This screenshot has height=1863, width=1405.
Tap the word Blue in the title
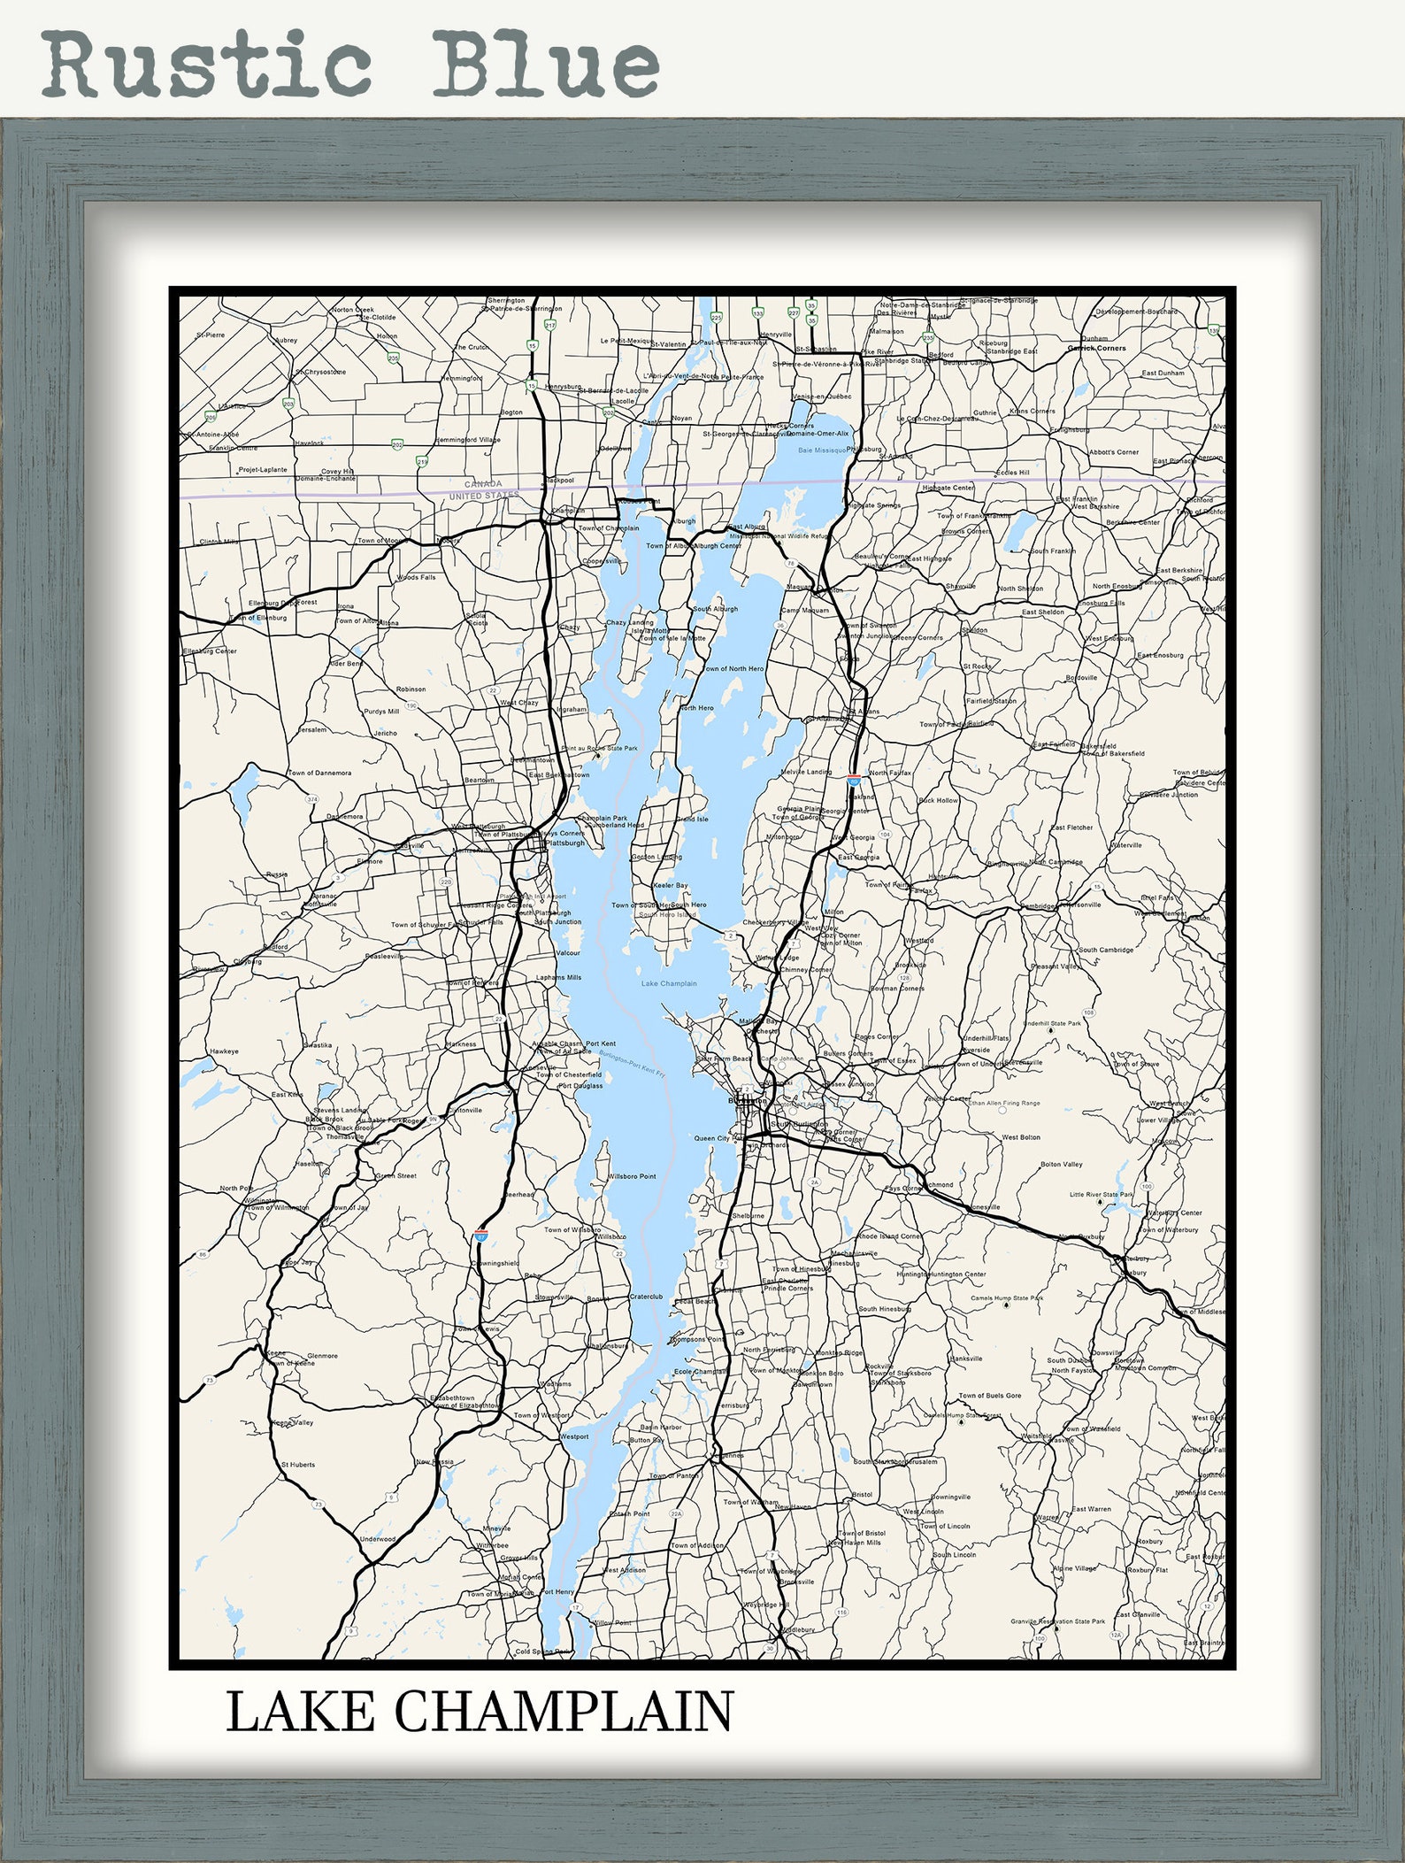(545, 64)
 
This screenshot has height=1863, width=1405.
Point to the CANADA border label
(483, 484)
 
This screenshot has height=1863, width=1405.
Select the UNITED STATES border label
(484, 496)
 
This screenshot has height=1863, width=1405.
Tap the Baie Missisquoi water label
(822, 450)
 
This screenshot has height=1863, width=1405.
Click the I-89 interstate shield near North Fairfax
(854, 780)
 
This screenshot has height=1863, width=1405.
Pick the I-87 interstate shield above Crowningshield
(481, 1233)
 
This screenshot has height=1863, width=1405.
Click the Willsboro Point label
(632, 1176)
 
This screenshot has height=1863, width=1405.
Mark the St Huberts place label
(298, 1465)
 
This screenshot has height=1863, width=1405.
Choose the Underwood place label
(378, 1539)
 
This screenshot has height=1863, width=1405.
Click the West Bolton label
(1021, 1137)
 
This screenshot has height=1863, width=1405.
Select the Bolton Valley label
(1061, 1165)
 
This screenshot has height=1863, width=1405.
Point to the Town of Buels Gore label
(989, 1396)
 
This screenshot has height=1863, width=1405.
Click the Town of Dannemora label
(319, 773)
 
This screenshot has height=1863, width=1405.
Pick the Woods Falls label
(416, 577)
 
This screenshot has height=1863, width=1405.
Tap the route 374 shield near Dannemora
(311, 799)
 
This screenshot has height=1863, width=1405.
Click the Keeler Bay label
(670, 885)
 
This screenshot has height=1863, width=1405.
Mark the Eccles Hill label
(1012, 473)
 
